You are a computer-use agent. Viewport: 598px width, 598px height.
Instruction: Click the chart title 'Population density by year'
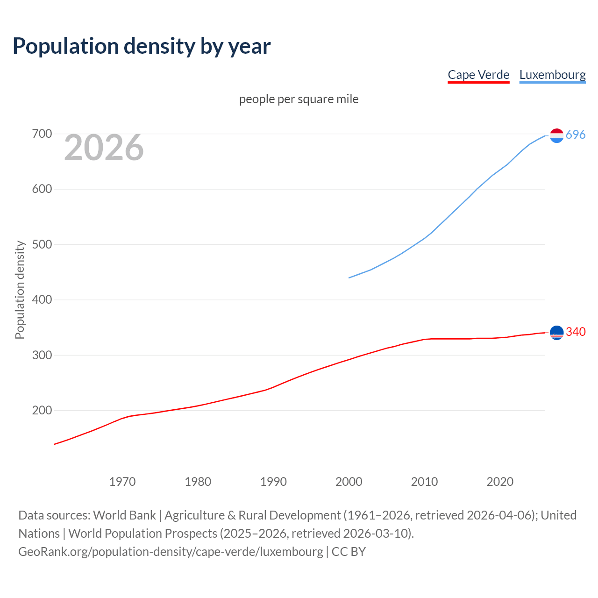142,46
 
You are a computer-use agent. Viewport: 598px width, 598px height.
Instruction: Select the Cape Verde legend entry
478,75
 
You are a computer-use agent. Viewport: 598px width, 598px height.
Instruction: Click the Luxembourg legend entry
552,75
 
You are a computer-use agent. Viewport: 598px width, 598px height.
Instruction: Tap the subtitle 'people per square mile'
299,99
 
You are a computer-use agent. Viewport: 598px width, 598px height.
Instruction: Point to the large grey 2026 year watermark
104,148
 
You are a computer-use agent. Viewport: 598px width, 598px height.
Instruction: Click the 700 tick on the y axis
42,134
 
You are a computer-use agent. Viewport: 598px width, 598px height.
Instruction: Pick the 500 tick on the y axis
42,244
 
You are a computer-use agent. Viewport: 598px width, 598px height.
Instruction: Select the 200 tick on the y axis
42,411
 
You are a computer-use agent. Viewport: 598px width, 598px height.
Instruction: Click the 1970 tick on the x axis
122,482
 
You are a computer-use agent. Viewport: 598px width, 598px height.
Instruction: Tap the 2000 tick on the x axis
349,482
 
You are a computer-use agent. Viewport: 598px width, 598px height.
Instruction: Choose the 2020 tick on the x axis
500,482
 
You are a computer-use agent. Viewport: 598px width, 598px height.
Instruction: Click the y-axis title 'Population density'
20,290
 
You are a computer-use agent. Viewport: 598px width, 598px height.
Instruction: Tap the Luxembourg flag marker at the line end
556,135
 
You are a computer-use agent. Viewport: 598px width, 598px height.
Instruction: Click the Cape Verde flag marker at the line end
556,333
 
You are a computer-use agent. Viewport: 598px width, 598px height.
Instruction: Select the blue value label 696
576,135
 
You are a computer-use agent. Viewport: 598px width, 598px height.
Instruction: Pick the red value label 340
576,332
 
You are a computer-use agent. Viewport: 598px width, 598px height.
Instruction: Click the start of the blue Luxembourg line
349,278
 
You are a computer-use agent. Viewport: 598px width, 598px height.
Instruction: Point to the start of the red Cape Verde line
55,444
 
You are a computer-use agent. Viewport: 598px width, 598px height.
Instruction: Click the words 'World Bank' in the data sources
124,515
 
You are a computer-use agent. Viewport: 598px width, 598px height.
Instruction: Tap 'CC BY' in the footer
349,552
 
